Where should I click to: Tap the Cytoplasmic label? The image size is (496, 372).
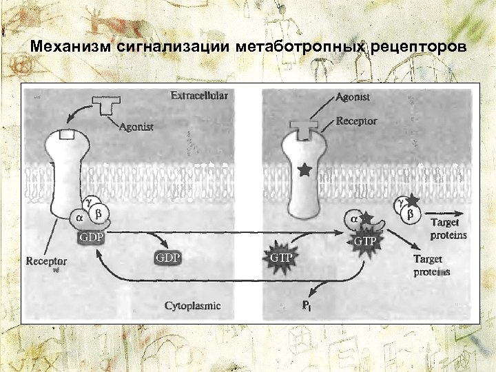click(x=192, y=305)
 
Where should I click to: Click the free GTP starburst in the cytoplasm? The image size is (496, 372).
click(x=280, y=258)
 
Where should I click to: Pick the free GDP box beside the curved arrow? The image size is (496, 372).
click(x=167, y=258)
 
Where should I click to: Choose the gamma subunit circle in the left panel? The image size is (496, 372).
click(x=89, y=200)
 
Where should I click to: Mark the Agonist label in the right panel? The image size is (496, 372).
click(x=353, y=98)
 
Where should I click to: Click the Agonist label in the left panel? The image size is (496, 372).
click(x=136, y=127)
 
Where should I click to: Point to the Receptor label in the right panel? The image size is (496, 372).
click(x=356, y=121)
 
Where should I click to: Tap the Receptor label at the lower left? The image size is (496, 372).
click(x=46, y=262)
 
